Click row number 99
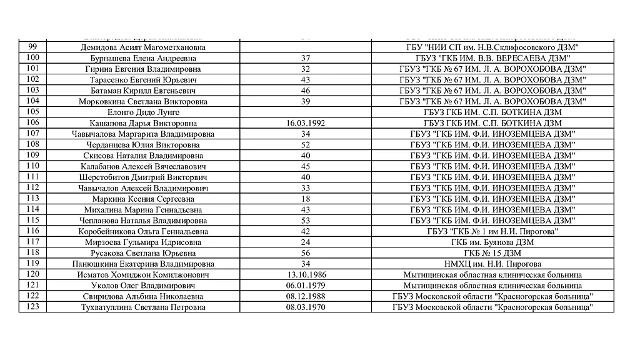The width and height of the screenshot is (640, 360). click(x=33, y=47)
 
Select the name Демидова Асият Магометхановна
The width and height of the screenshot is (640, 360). click(x=143, y=47)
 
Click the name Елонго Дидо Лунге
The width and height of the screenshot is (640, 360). click(x=143, y=112)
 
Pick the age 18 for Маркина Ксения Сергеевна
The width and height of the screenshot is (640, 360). click(x=306, y=199)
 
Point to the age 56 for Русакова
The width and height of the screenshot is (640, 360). click(x=306, y=253)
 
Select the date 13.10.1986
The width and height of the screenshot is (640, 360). click(x=306, y=275)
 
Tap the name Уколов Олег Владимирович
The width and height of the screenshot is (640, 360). click(x=143, y=286)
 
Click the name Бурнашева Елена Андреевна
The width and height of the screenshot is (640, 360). click(x=143, y=58)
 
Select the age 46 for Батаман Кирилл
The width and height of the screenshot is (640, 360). click(x=306, y=91)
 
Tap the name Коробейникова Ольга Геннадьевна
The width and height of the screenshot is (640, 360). click(x=143, y=231)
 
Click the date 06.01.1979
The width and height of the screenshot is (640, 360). click(x=306, y=286)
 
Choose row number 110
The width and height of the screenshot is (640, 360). click(x=33, y=166)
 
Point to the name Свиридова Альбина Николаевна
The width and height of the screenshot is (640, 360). click(x=143, y=296)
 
